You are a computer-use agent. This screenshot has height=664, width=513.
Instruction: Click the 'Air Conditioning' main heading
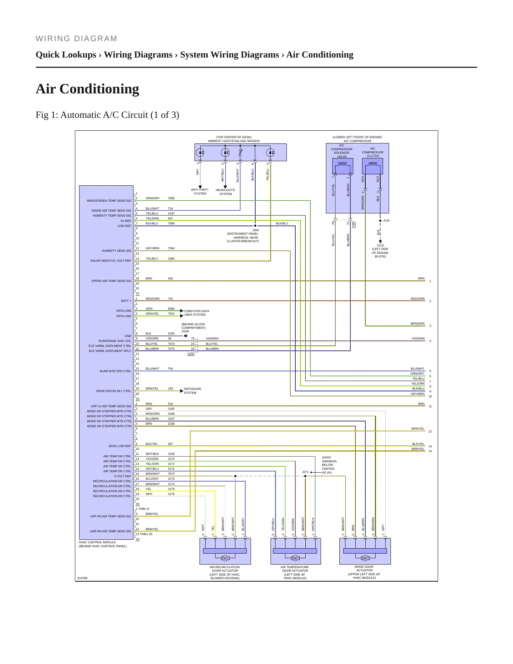pos(87,89)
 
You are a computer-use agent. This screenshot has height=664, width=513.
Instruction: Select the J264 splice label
pos(256,230)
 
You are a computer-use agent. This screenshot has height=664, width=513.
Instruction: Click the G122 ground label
pos(381,245)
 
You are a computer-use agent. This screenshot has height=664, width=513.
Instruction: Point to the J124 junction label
pos(386,221)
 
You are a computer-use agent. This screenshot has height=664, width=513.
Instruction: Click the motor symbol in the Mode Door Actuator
pos(365,558)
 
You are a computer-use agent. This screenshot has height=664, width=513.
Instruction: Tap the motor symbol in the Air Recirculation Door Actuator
pos(225,558)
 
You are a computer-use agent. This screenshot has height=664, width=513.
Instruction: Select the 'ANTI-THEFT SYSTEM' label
pos(200,192)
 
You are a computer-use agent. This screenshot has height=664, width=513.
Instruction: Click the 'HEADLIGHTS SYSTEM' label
pos(225,192)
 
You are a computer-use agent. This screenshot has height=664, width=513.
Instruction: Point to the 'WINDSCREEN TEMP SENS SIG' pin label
pos(109,201)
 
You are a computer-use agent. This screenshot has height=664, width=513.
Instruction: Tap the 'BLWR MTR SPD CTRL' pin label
pos(115,371)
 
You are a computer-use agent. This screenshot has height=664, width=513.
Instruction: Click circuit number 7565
pos(171,198)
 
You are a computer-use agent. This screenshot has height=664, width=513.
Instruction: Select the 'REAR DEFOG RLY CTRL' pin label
pos(114,391)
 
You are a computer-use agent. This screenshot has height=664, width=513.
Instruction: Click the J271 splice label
pos(305,472)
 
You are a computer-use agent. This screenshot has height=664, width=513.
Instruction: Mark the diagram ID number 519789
pos(82,578)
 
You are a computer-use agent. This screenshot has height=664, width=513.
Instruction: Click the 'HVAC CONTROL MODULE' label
pos(97,542)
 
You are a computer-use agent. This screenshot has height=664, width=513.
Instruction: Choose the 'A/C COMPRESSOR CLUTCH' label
pos(373,152)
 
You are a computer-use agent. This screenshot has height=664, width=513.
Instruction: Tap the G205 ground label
pos(185,331)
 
